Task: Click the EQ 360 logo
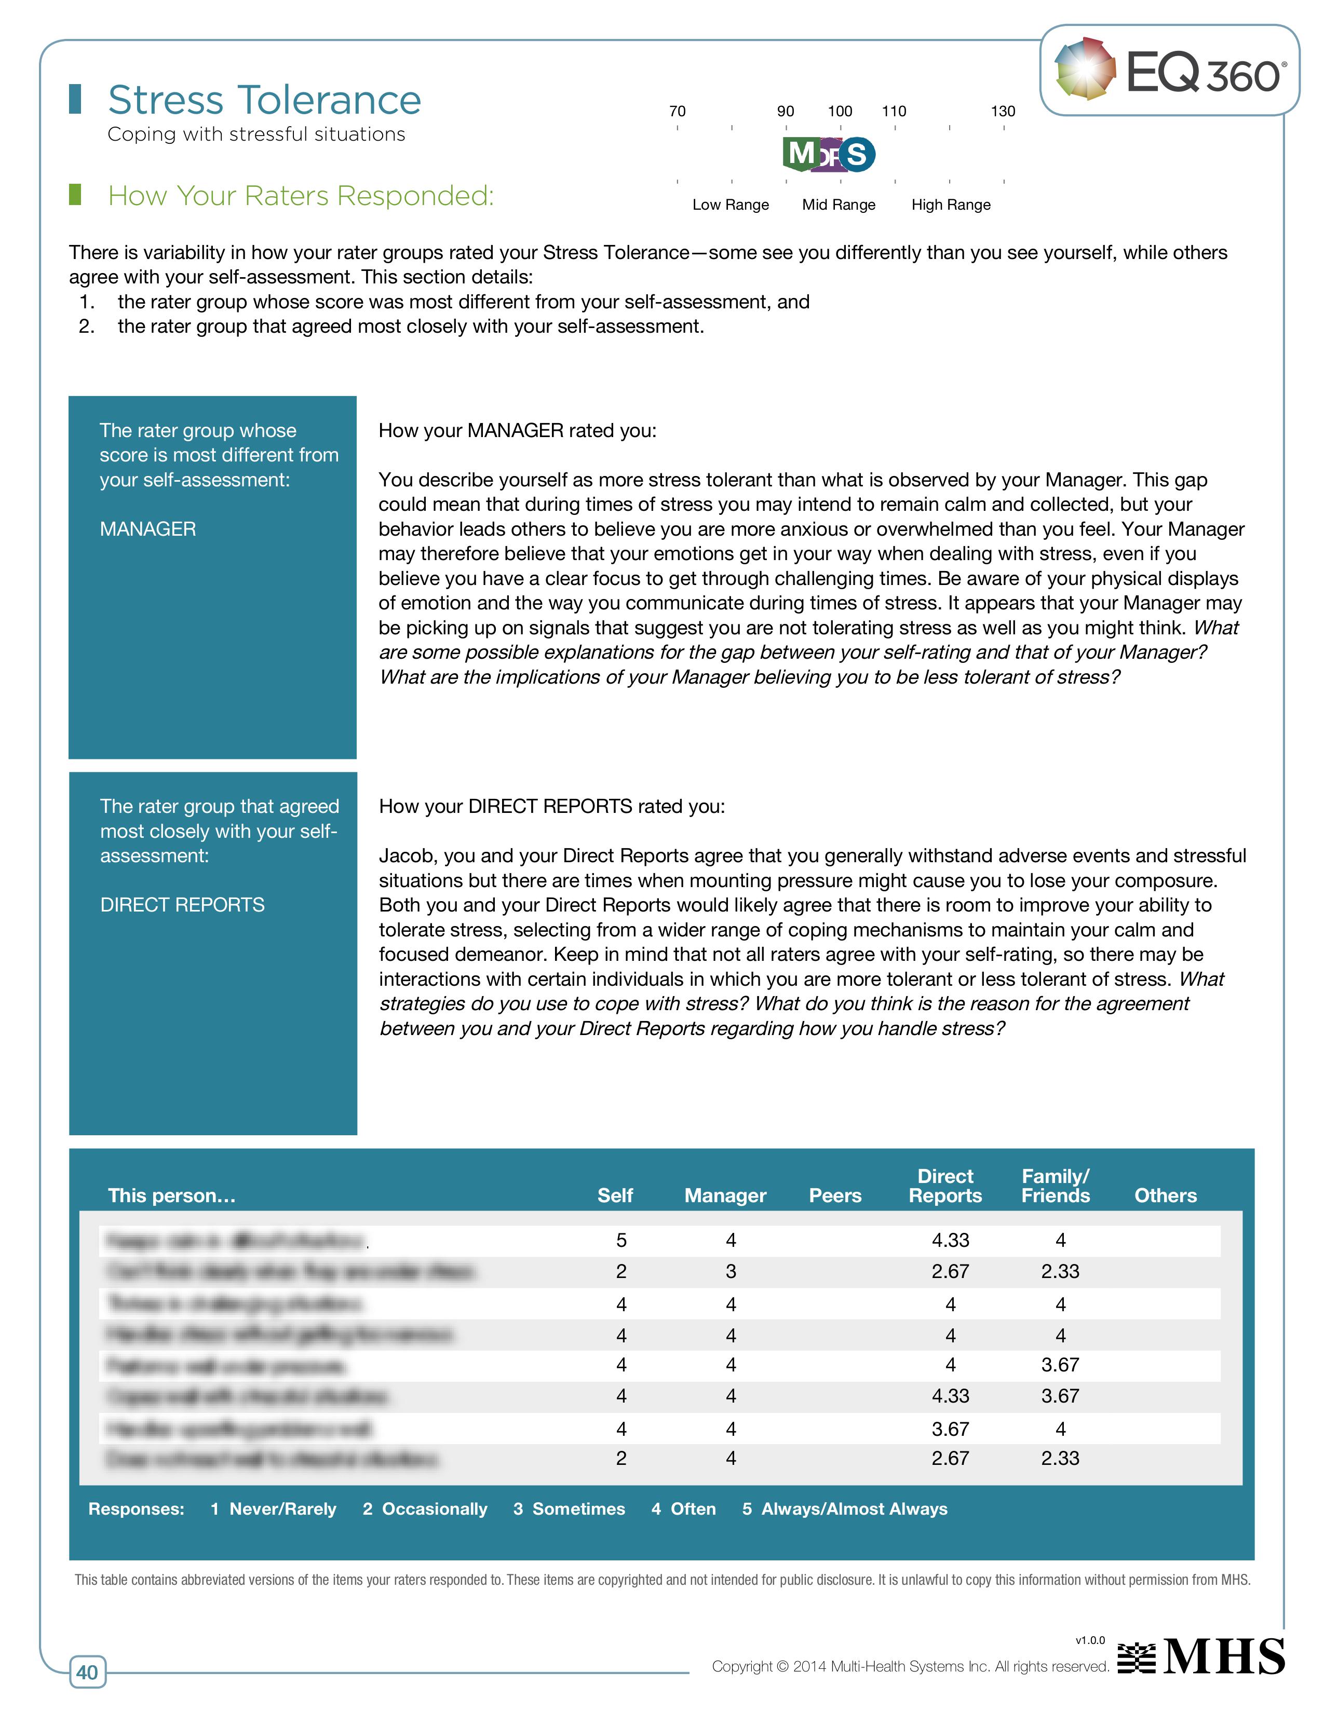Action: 1169,71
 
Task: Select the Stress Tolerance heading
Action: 264,100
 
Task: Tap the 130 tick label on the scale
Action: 1003,112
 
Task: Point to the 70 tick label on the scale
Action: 677,112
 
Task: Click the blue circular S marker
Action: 857,155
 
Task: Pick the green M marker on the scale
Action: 801,153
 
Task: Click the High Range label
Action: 951,205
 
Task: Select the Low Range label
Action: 730,205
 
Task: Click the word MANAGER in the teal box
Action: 147,529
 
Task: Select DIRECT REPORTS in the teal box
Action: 182,905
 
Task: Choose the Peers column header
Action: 834,1195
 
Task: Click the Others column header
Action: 1165,1195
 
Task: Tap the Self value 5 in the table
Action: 621,1240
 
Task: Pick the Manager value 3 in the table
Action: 730,1271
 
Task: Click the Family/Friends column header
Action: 1055,1186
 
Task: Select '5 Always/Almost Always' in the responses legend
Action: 845,1508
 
